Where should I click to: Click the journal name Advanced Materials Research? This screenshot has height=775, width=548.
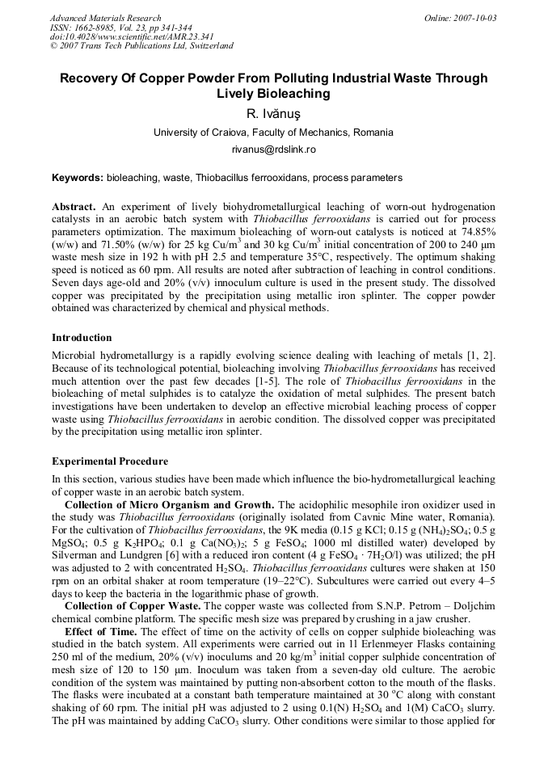(x=105, y=18)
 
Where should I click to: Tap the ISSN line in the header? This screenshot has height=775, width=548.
(x=121, y=27)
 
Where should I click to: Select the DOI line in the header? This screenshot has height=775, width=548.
(x=120, y=36)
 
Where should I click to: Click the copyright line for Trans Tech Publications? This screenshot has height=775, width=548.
(x=141, y=46)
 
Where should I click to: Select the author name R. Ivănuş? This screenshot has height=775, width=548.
(x=273, y=114)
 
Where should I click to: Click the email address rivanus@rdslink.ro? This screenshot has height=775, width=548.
(x=273, y=150)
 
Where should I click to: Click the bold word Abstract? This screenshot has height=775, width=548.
(x=74, y=207)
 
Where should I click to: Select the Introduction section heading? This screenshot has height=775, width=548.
(x=82, y=337)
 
